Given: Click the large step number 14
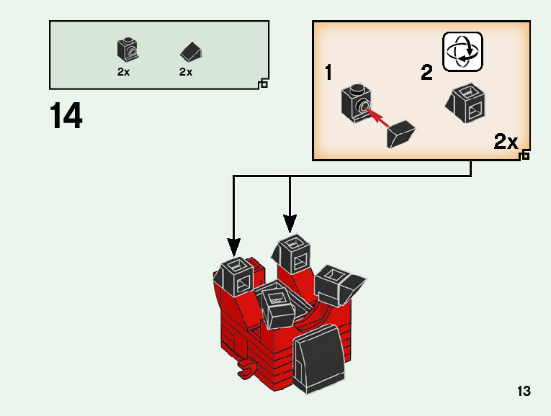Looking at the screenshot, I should (66, 117).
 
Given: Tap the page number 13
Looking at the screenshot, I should (524, 392).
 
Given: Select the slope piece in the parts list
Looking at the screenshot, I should (191, 51).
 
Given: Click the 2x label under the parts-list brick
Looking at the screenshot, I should (123, 72).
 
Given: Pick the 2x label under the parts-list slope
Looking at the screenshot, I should (186, 72).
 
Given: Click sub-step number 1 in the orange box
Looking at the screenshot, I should (328, 73).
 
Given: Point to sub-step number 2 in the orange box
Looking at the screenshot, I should (427, 73).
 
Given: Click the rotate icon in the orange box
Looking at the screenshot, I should (462, 52).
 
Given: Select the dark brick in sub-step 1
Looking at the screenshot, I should (356, 102).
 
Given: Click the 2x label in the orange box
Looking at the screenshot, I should (506, 142).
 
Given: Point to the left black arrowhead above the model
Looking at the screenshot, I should (233, 248).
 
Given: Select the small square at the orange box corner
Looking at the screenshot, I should (524, 155).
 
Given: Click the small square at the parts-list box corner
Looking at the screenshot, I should (263, 84).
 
